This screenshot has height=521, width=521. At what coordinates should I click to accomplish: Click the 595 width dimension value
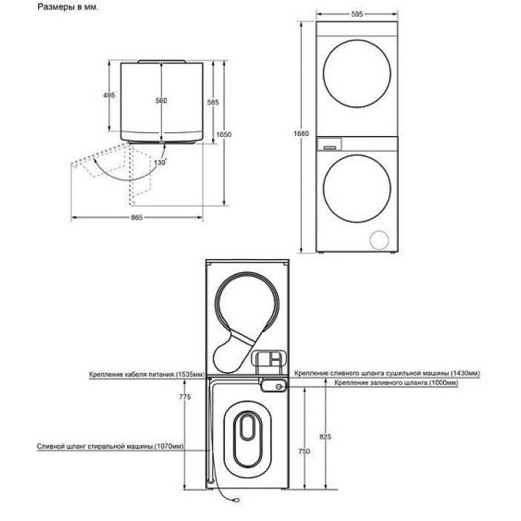coord(357,14)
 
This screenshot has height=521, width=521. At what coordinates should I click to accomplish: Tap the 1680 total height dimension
coord(301,134)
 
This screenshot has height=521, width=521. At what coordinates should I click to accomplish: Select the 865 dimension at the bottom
coord(137,217)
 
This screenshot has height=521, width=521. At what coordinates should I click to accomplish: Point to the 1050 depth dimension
coord(224,135)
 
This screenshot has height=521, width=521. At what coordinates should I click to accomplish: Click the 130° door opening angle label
coord(160,163)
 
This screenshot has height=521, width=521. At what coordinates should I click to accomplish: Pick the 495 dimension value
coord(109,96)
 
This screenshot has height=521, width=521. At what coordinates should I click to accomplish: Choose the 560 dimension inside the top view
coord(161,101)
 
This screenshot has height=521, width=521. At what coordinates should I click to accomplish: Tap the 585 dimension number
coord(213,102)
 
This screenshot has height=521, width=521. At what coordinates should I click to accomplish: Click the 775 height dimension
coord(185,397)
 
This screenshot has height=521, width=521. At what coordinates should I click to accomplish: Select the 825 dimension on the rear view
coord(326,436)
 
